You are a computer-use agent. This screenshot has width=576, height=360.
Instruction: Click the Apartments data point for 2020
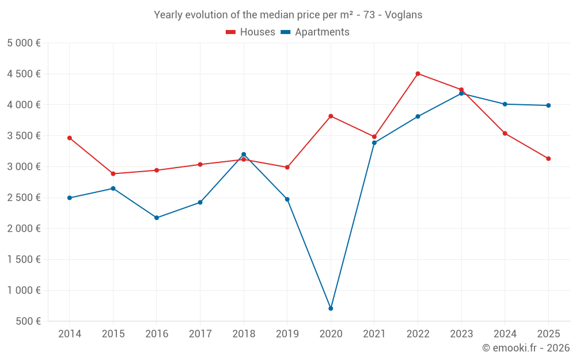point(331,309)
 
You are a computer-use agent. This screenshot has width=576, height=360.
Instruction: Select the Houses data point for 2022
point(418,74)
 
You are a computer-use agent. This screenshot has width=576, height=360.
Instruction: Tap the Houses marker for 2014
point(70,138)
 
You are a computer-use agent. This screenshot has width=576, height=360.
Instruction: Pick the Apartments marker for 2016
point(157,218)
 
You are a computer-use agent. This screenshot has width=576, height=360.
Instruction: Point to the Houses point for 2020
point(331,116)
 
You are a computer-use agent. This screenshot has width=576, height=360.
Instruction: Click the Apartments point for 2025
point(548,105)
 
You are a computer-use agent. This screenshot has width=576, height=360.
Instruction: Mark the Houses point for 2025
point(548,159)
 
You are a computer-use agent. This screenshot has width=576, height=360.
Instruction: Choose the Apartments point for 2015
point(113,188)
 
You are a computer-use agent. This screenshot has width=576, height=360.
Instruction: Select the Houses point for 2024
point(505,134)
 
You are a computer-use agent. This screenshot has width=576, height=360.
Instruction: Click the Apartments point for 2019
point(287,199)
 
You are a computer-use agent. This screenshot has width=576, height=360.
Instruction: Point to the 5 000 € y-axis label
point(24,43)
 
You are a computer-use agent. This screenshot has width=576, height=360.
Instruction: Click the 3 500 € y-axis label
point(24,136)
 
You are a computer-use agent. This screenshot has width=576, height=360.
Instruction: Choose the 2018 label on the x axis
point(244,334)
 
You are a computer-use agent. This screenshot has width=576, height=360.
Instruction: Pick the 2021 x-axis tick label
point(374,334)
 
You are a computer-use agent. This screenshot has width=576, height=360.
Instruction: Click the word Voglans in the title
point(403,15)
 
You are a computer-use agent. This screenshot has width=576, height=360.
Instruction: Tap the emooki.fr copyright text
point(525,348)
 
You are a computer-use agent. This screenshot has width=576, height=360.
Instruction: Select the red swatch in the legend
point(230,32)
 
